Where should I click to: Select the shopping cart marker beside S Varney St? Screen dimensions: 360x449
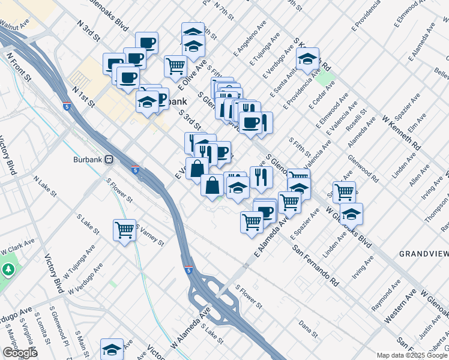click(124, 230)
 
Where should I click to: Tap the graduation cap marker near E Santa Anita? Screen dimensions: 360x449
click(307, 60)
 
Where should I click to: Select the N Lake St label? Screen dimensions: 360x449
click(46, 187)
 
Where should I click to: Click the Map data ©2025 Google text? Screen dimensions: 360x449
click(412, 355)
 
